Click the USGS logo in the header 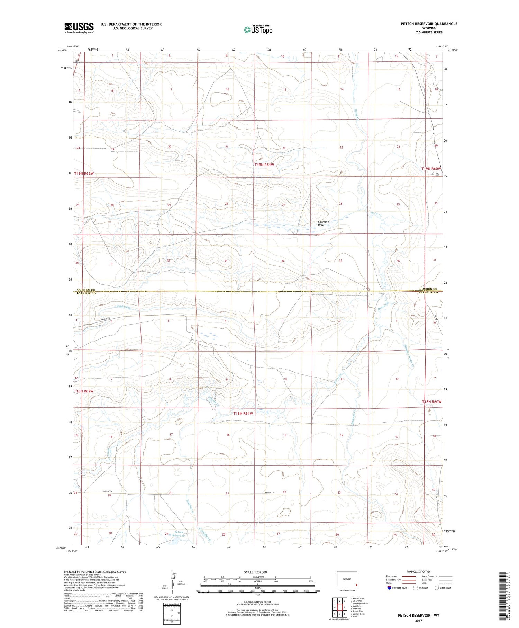click(79, 28)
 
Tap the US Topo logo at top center click(258, 29)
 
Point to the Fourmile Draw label click(321, 223)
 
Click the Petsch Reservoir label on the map click(179, 534)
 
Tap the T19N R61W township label click(264, 165)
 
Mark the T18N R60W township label click(431, 402)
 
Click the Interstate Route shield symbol click(390, 588)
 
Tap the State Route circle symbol click(437, 588)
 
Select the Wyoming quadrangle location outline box click(347, 579)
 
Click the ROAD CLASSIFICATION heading click(419, 572)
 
